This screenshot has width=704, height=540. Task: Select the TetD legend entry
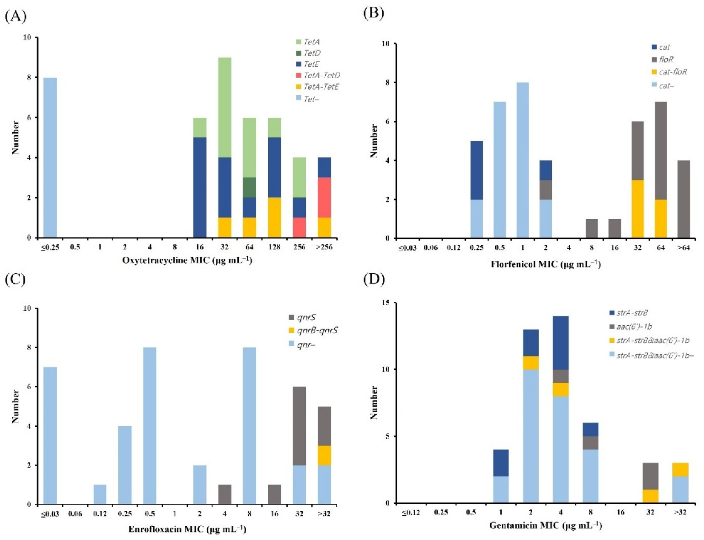click(x=312, y=53)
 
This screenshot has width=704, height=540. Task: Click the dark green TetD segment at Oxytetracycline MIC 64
click(x=250, y=187)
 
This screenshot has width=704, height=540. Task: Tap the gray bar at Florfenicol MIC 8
click(x=591, y=229)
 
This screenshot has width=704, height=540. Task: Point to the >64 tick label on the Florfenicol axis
click(x=683, y=248)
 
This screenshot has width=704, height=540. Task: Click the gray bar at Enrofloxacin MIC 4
click(x=225, y=494)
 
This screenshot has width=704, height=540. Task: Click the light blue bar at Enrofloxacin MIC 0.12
click(x=100, y=494)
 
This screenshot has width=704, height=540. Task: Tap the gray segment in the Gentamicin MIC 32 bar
click(x=650, y=476)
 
